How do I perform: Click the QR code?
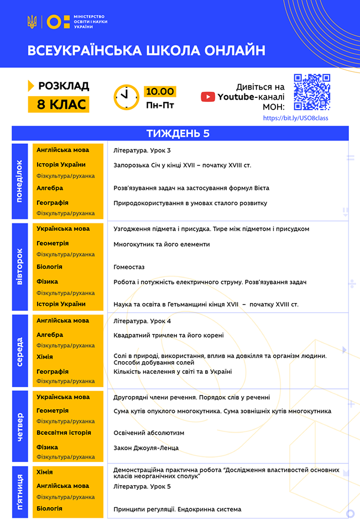click(312, 92)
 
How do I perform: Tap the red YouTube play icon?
click(208, 97)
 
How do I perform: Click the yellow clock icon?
click(127, 97)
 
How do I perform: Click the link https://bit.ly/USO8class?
click(295, 118)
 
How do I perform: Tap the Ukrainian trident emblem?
click(32, 22)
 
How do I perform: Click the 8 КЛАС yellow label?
click(59, 104)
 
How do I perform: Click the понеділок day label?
click(20, 181)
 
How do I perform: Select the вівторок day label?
click(20, 267)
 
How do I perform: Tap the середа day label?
click(20, 351)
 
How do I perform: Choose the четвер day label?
click(20, 426)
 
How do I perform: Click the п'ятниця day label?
click(20, 492)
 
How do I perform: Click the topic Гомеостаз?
click(129, 267)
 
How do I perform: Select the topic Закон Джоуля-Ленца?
click(146, 447)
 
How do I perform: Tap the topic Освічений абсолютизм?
click(149, 433)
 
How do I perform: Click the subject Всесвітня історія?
click(64, 433)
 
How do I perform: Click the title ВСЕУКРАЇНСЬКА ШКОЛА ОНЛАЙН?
click(147, 51)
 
